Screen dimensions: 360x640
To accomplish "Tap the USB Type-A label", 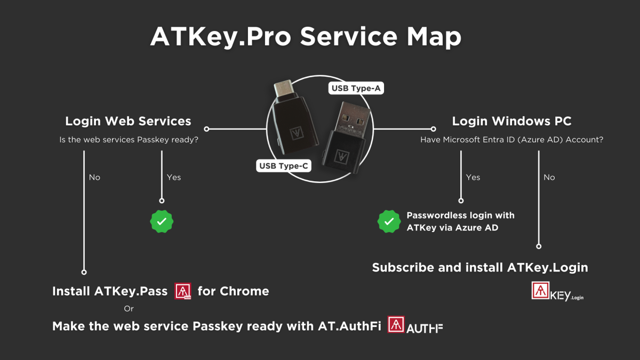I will click(x=355, y=88).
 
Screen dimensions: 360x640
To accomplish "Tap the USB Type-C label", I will click(x=283, y=166).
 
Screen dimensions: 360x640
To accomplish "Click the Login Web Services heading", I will click(x=128, y=121).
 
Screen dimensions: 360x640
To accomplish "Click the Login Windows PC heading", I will click(x=511, y=121).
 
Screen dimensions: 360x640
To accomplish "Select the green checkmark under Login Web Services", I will click(x=162, y=221).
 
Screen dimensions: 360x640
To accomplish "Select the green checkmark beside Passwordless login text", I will click(x=389, y=221).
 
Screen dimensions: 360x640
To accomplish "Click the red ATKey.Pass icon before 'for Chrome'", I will click(x=183, y=291).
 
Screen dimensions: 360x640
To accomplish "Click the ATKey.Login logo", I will click(x=557, y=291).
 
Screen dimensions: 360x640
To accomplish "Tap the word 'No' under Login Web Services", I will click(x=94, y=177).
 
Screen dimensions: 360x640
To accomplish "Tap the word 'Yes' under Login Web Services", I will click(x=174, y=177).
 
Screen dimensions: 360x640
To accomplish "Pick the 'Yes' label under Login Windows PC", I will click(x=473, y=177).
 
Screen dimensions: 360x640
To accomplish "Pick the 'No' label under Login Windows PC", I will click(x=549, y=177).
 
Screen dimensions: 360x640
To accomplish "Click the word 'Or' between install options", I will click(x=128, y=308).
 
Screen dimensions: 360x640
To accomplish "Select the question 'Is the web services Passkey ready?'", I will click(x=129, y=140).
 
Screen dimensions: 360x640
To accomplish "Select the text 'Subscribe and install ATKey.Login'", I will click(x=479, y=268).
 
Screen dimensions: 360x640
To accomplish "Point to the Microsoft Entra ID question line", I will click(x=511, y=140).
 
